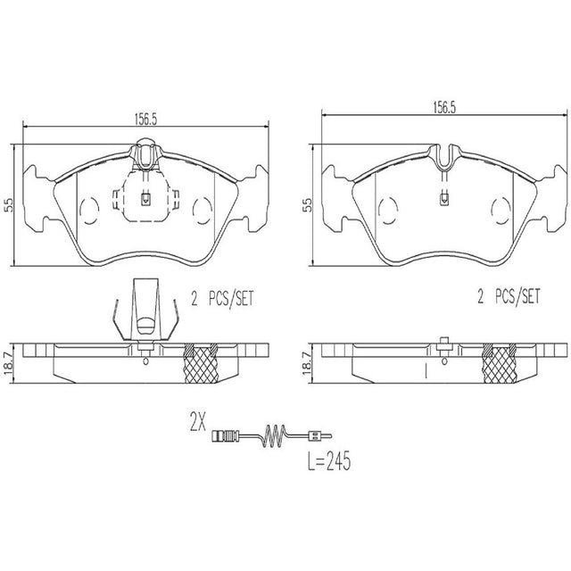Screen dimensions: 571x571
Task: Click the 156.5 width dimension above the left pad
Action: pos(145,119)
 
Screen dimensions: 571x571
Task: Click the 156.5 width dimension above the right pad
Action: pos(444,108)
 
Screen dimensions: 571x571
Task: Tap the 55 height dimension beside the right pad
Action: pos(308,205)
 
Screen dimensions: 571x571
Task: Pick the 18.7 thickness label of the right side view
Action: pos(308,362)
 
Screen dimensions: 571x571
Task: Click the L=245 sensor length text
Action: pos(329,460)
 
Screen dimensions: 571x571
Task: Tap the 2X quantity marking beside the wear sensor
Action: pos(198,422)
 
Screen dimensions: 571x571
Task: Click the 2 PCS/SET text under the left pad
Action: pos(222,298)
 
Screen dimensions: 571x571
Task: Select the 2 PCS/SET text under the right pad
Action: pos(509,296)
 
